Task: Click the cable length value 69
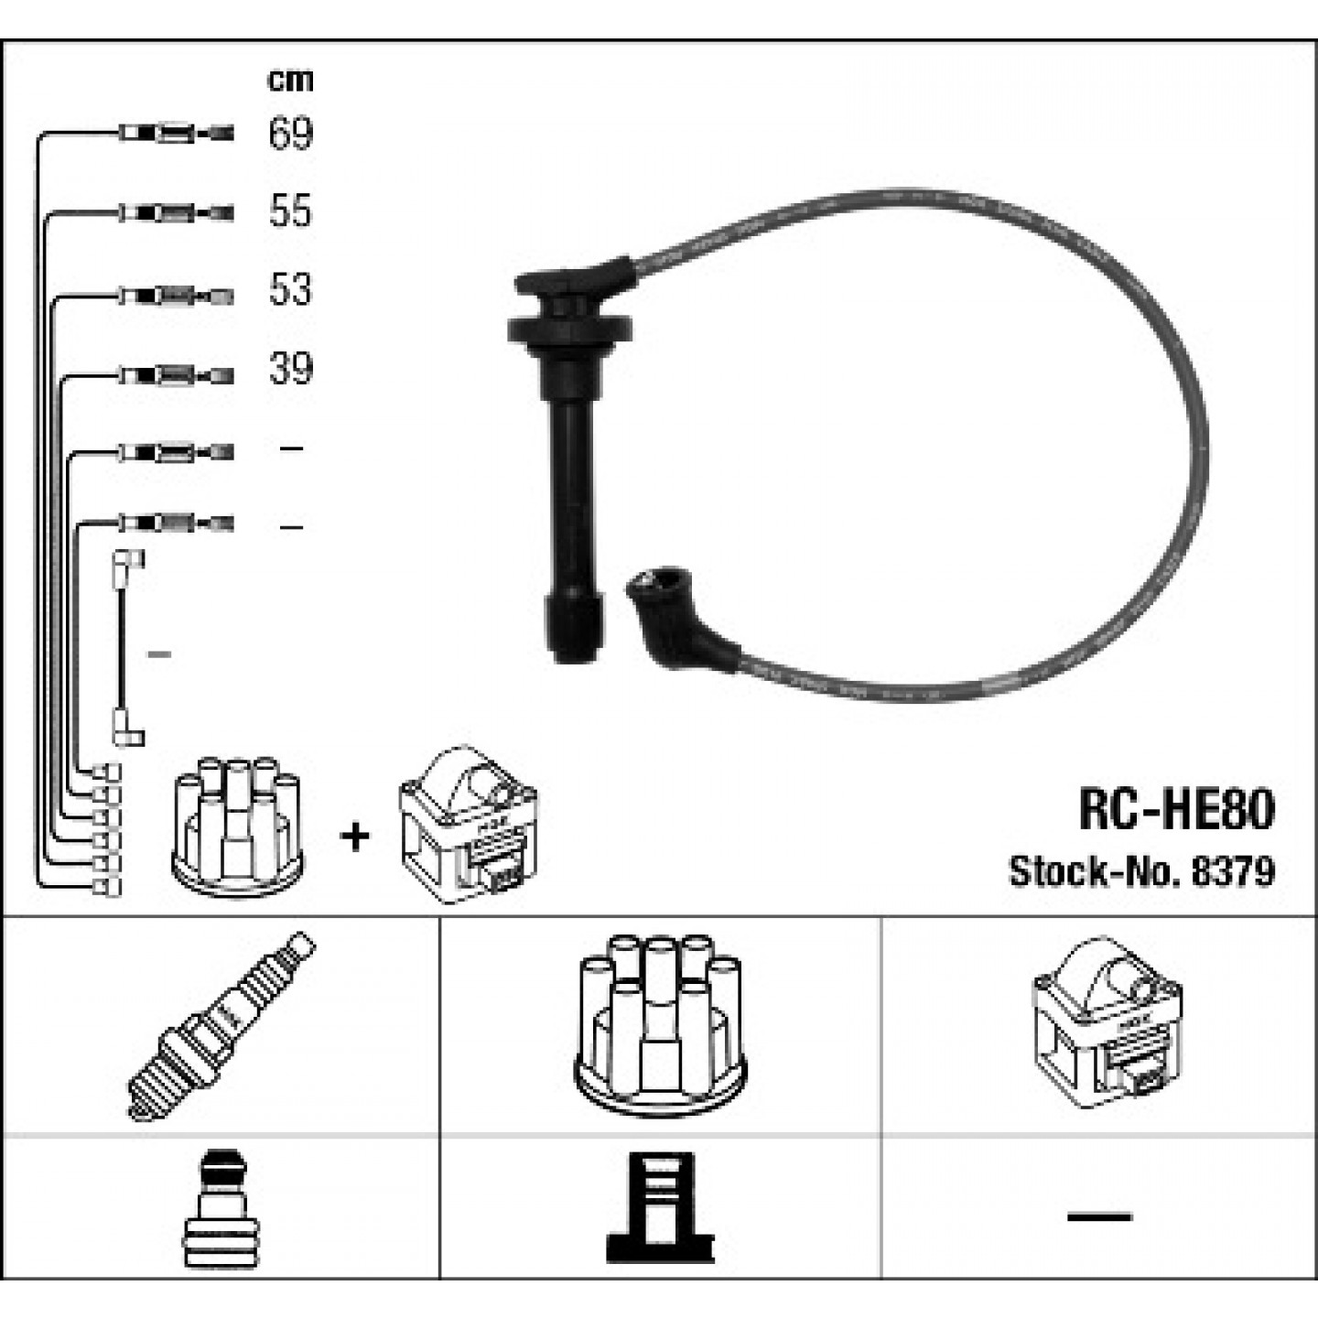coord(291,133)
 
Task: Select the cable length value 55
coord(291,211)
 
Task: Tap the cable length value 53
coord(291,289)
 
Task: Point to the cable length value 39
coord(291,369)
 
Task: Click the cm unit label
coord(290,81)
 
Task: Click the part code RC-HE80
coord(1176,810)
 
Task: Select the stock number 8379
coord(1233,871)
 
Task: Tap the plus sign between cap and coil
coord(355,837)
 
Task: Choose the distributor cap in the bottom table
coord(660,1024)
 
